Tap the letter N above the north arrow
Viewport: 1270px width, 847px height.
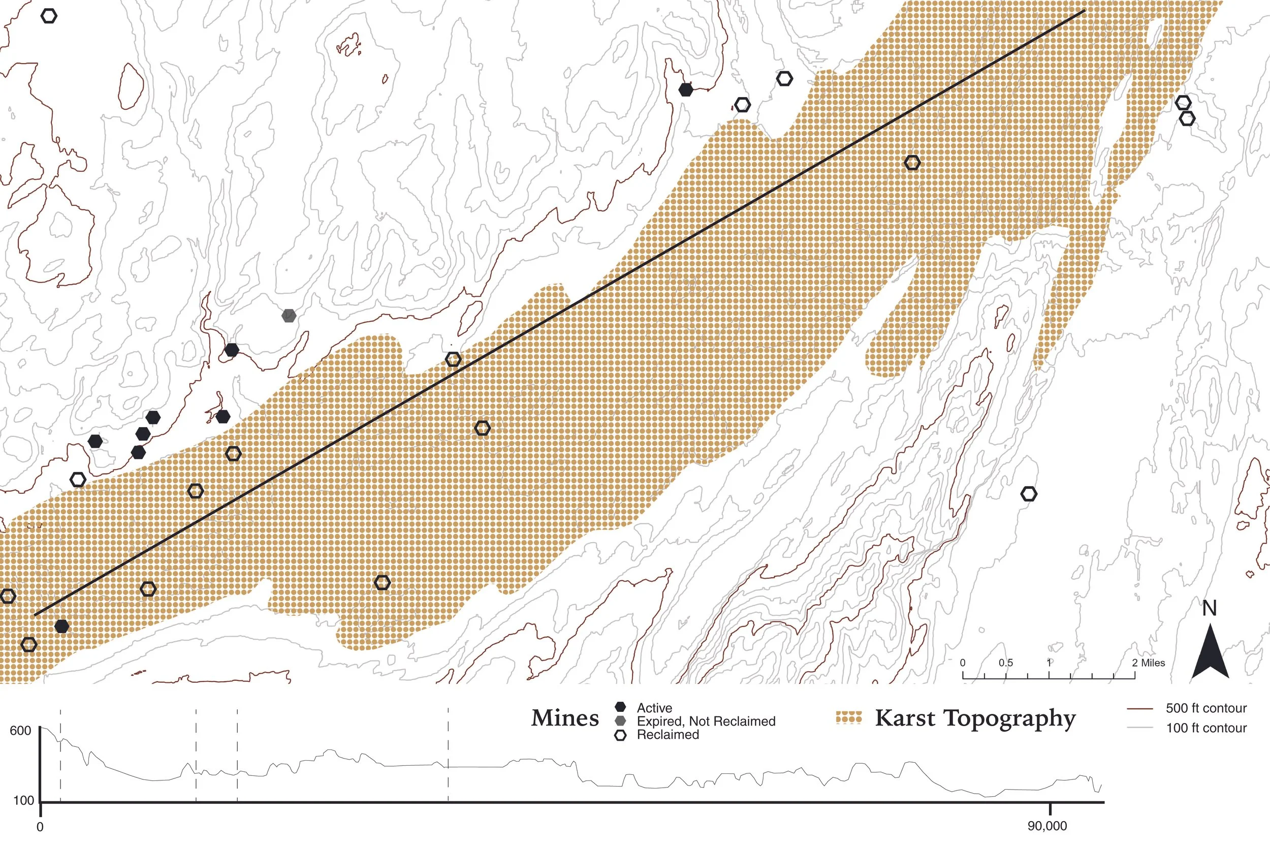(x=1210, y=608)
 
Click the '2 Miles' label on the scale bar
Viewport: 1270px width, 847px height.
(x=1149, y=663)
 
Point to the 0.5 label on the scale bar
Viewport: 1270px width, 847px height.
(x=1005, y=663)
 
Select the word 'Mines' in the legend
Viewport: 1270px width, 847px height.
(x=565, y=718)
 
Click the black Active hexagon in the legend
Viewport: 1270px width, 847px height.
(x=620, y=707)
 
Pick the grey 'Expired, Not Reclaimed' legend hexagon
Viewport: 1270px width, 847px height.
(x=620, y=720)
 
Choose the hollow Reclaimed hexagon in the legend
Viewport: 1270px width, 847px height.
(x=620, y=735)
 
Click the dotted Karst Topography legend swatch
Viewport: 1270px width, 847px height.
(x=848, y=718)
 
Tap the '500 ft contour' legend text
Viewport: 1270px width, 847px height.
(x=1206, y=708)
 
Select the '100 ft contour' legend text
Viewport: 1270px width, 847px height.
(x=1206, y=728)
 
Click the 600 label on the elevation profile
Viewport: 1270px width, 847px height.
(x=20, y=731)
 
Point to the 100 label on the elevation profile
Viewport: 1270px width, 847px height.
(x=23, y=801)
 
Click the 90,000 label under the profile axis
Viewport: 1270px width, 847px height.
(x=1047, y=827)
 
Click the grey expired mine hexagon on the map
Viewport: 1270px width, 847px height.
(x=289, y=316)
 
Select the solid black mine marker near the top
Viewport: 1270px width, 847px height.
(x=686, y=89)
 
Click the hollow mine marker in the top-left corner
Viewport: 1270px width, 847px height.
(x=49, y=16)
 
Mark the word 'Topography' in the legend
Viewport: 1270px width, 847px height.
(x=1010, y=719)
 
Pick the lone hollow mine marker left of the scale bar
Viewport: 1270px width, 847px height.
(x=1029, y=494)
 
